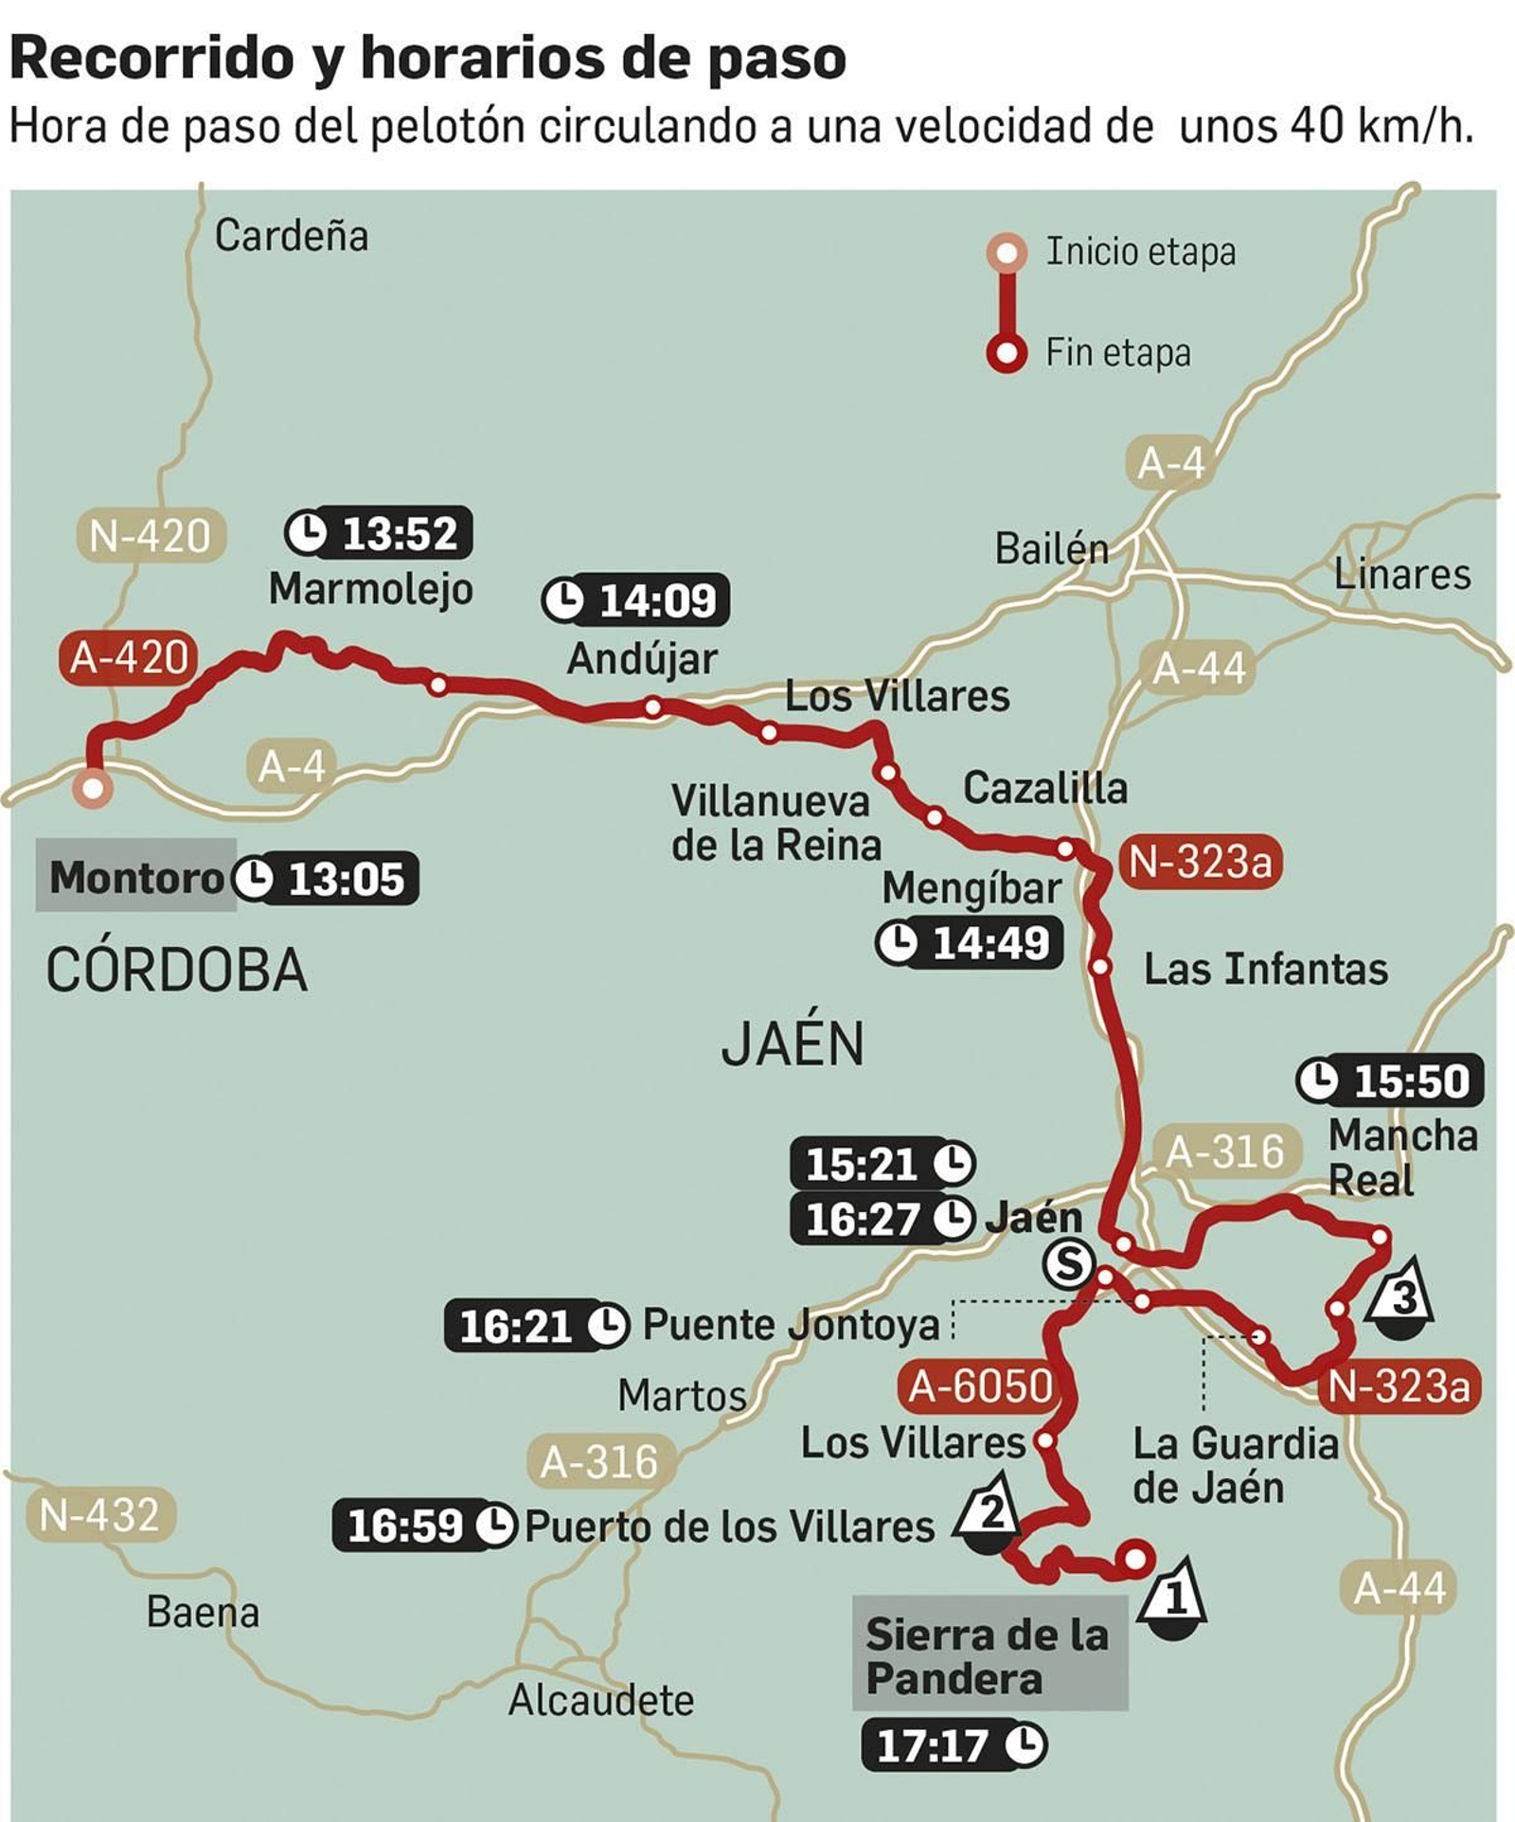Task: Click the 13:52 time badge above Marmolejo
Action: pyautogui.click(x=379, y=533)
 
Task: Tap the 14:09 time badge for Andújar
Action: pyautogui.click(x=636, y=600)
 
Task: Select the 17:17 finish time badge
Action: pyautogui.click(x=954, y=1744)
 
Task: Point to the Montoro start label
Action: pyautogui.click(x=135, y=876)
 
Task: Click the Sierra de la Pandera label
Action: pyautogui.click(x=989, y=1656)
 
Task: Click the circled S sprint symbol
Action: pyautogui.click(x=1068, y=1263)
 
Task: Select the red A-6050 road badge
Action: pyautogui.click(x=981, y=1386)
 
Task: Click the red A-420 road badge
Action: pyautogui.click(x=129, y=657)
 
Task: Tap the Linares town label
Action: pyautogui.click(x=1401, y=574)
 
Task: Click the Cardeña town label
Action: pyautogui.click(x=292, y=236)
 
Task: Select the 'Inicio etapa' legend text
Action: pyautogui.click(x=1140, y=252)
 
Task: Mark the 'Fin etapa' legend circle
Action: pyautogui.click(x=1007, y=353)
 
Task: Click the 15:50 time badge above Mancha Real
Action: pyautogui.click(x=1389, y=1081)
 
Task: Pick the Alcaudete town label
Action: pyautogui.click(x=601, y=1701)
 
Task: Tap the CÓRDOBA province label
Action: pyautogui.click(x=177, y=970)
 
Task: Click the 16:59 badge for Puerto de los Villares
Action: pyautogui.click(x=423, y=1526)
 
